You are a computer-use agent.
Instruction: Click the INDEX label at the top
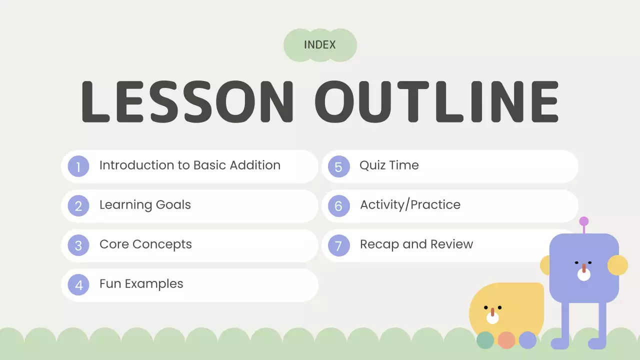point(320,45)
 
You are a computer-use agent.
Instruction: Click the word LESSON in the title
point(187,101)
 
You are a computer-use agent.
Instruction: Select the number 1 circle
point(78,166)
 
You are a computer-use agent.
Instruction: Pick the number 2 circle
point(78,205)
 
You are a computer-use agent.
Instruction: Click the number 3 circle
point(78,245)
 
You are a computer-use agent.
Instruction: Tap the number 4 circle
point(78,284)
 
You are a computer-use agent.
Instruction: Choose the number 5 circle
point(338,166)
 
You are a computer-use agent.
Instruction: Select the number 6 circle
point(338,205)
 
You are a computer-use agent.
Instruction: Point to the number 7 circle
point(338,245)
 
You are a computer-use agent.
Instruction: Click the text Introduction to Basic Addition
point(190,165)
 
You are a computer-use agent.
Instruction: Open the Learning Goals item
point(145,205)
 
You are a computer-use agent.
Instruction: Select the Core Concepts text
point(145,244)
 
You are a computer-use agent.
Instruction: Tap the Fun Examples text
point(141,284)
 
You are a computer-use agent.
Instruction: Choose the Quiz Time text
point(389,165)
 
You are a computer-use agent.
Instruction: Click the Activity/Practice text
point(410,205)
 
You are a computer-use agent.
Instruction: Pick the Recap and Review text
point(416,244)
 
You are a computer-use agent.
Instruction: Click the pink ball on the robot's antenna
point(583,221)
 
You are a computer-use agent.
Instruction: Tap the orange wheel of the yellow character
point(506,340)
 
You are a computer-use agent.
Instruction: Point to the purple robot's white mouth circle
point(584,274)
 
